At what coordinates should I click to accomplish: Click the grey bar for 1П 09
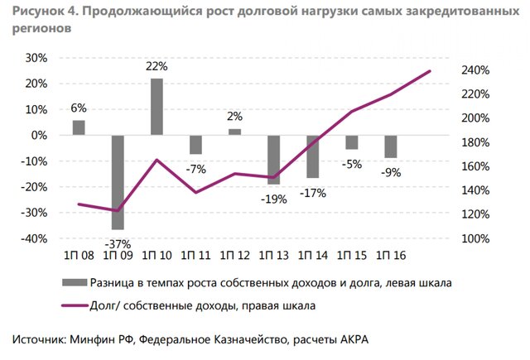118,182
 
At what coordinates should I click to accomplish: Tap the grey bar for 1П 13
273,160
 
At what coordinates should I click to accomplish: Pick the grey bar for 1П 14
312,156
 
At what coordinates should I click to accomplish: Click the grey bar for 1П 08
79,127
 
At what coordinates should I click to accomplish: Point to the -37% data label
118,243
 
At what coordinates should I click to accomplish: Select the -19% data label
274,199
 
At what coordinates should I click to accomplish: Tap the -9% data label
392,172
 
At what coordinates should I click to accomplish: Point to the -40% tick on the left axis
36,238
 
